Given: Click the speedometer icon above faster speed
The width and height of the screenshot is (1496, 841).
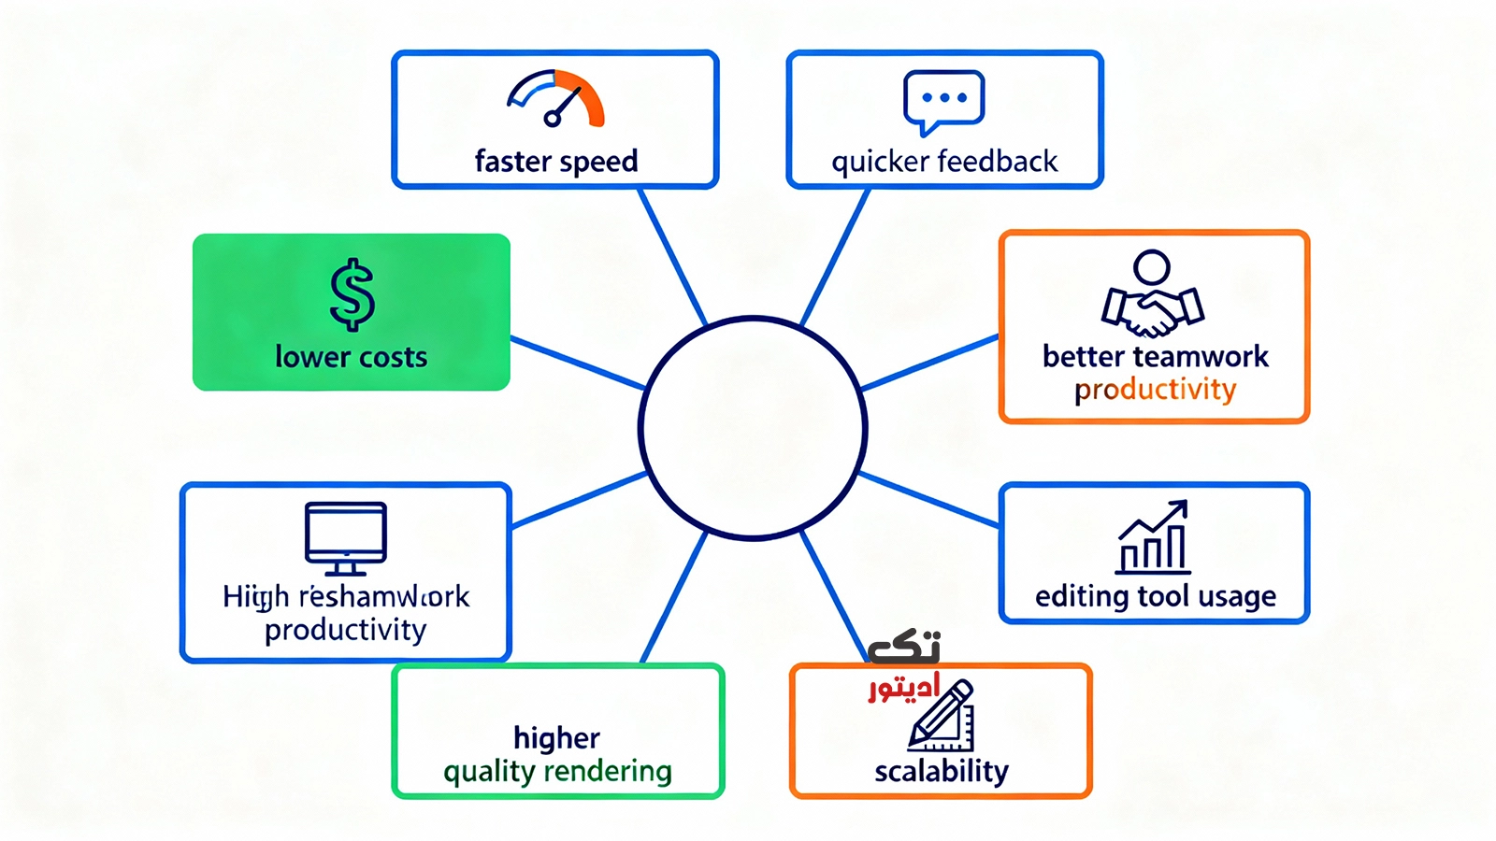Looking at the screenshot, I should (556, 98).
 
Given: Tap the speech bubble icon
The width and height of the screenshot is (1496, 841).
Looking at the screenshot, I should (943, 101).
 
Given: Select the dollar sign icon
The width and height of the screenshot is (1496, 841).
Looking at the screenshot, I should (352, 294).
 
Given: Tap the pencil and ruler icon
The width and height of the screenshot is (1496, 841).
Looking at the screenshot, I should (942, 718).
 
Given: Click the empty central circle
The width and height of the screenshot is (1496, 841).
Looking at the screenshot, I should (753, 428).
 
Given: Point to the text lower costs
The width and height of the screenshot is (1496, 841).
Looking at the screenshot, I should (351, 357).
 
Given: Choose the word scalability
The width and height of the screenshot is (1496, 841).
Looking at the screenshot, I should (942, 771).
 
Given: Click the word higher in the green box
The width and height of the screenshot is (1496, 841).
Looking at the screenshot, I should (557, 738).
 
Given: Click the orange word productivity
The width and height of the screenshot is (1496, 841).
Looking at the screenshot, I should (1155, 390).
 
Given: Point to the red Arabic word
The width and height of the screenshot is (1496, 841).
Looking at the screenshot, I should (903, 689).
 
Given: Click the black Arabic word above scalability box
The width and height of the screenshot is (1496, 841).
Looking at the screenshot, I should (903, 647).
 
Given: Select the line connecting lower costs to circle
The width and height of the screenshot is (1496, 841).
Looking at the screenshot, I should (578, 363).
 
